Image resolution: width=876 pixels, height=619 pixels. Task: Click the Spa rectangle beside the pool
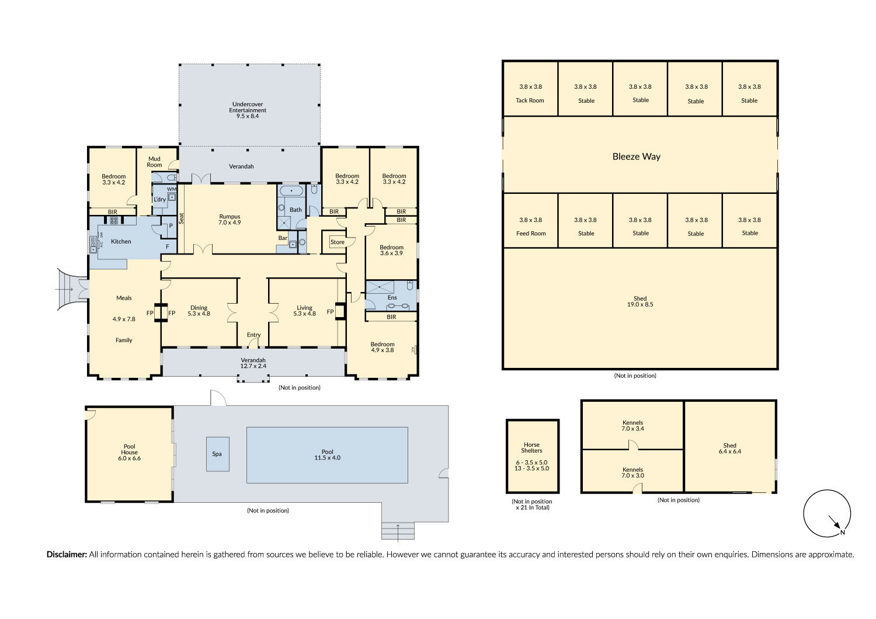[218, 454]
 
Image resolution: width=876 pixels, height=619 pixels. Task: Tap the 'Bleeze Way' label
[637, 157]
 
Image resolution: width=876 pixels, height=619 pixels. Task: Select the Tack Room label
[530, 100]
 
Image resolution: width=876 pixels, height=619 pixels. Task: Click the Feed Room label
[531, 234]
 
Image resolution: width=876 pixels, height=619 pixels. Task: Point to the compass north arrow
[835, 522]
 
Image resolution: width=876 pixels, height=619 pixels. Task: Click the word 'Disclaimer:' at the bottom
[67, 555]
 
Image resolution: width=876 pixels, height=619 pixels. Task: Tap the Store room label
[337, 242]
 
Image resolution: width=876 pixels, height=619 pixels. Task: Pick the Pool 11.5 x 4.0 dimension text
[327, 458]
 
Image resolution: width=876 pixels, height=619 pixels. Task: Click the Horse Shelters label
[531, 447]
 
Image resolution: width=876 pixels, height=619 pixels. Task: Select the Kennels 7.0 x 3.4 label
[632, 426]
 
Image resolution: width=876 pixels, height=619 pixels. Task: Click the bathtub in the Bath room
[291, 191]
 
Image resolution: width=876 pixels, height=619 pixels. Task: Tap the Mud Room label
[154, 162]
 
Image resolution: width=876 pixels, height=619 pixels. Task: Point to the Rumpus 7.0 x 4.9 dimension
[230, 222]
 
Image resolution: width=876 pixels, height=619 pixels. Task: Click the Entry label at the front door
[253, 335]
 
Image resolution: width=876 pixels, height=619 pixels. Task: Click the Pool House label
[130, 449]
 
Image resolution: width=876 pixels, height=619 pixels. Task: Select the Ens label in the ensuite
[392, 298]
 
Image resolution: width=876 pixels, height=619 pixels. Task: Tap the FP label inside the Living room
[330, 312]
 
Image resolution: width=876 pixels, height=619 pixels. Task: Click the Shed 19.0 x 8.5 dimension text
[640, 305]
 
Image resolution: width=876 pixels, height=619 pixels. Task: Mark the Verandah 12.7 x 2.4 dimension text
[253, 366]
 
